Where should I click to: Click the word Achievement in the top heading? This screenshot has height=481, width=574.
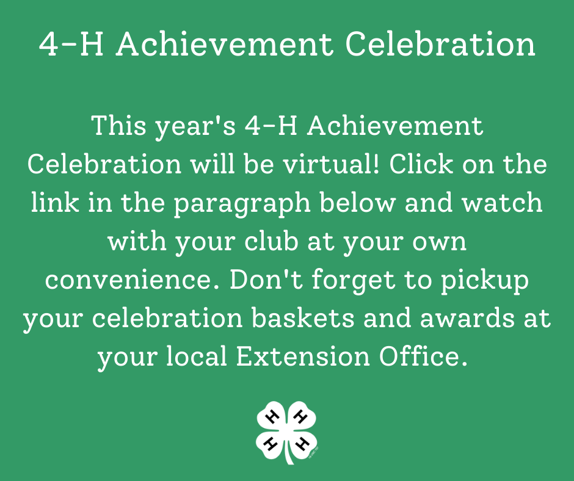(x=224, y=45)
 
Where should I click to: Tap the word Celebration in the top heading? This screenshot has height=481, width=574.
(x=440, y=45)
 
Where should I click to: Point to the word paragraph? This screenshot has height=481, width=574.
(x=242, y=203)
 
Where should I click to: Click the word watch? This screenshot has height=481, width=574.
(x=502, y=203)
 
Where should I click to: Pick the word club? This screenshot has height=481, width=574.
(x=271, y=241)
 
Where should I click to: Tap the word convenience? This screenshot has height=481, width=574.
(x=132, y=280)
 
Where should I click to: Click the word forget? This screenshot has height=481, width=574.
(x=354, y=280)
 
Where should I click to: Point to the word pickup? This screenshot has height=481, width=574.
(x=485, y=281)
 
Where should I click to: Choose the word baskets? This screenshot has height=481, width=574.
(x=303, y=318)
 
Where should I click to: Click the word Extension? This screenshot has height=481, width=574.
(x=303, y=356)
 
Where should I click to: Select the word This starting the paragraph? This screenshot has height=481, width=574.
(x=119, y=126)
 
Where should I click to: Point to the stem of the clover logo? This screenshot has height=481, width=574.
(x=289, y=453)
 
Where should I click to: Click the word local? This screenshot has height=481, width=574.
(x=197, y=356)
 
